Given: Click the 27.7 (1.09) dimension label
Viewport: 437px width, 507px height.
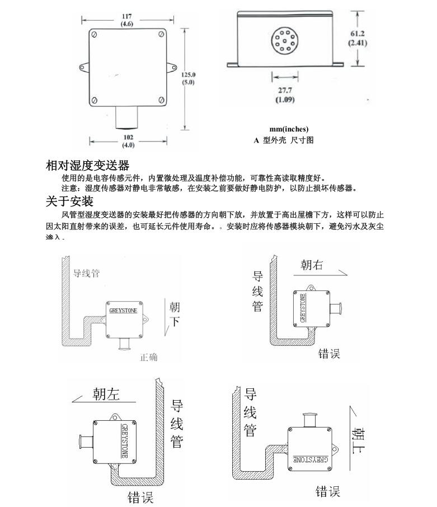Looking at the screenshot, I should pyautogui.click(x=285, y=95).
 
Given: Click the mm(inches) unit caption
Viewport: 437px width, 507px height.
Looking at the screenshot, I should pyautogui.click(x=289, y=129).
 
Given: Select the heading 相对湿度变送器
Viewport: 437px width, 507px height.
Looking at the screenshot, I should pyautogui.click(x=87, y=166).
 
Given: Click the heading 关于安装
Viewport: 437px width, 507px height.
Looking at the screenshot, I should pyautogui.click(x=69, y=201).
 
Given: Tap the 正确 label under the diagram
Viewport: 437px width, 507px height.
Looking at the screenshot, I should pyautogui.click(x=149, y=357).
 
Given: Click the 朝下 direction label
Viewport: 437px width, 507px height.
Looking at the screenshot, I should pyautogui.click(x=175, y=314).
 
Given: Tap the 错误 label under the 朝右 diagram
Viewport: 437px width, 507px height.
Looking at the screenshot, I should pyautogui.click(x=330, y=354).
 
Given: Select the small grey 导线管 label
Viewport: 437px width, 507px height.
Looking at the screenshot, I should pyautogui.click(x=87, y=274).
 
